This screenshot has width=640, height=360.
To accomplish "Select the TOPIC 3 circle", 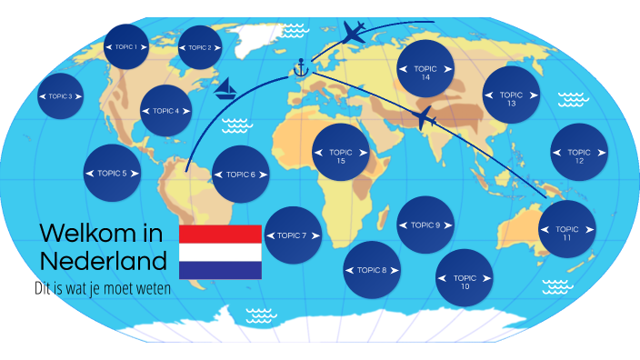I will [x=61, y=95].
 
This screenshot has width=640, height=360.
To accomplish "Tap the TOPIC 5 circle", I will [x=112, y=173].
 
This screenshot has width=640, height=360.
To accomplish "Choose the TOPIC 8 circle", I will [x=373, y=270].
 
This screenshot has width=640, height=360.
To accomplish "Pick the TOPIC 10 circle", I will [x=465, y=279].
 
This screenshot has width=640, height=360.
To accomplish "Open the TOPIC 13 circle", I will [x=512, y=95].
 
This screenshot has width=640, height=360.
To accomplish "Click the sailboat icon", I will [x=226, y=87].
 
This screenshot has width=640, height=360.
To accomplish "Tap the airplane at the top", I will [x=355, y=32].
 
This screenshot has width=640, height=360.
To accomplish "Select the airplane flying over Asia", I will [x=425, y=117].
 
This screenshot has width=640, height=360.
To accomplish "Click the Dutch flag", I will [x=221, y=251].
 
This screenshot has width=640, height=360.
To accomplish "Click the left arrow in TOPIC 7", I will [x=269, y=235].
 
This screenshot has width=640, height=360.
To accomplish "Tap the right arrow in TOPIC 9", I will [x=448, y=225].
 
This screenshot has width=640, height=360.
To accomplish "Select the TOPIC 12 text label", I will [x=580, y=156].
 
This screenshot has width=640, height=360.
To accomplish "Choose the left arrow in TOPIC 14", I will [x=404, y=69].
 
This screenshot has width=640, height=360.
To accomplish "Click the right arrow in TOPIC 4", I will [x=188, y=112].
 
